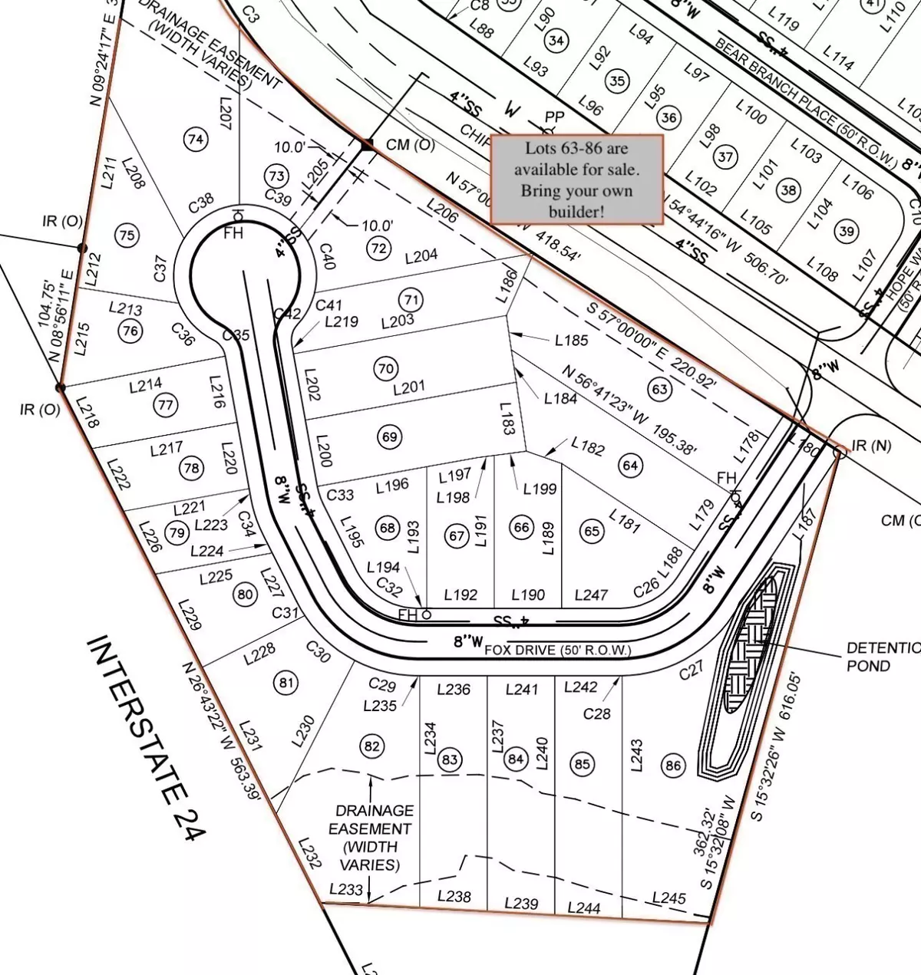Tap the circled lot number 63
pyautogui.click(x=660, y=389)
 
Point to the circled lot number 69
pyautogui.click(x=390, y=437)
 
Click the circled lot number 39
pyautogui.click(x=847, y=231)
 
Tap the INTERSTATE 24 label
pyautogui.click(x=145, y=738)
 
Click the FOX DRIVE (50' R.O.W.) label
pyautogui.click(x=558, y=651)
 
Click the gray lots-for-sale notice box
pyautogui.click(x=576, y=180)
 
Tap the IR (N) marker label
pyautogui.click(x=870, y=445)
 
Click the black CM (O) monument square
pyautogui.click(x=368, y=144)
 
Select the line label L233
pyautogui.click(x=346, y=889)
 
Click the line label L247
pyautogui.click(x=591, y=595)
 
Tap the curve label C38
pyautogui.click(x=201, y=203)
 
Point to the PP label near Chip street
pyautogui.click(x=554, y=117)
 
